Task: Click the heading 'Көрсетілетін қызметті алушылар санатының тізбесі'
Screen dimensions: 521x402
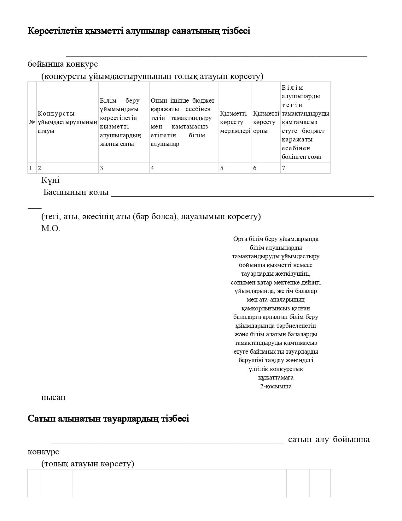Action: [139, 31]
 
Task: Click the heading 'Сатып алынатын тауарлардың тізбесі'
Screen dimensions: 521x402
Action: [108, 419]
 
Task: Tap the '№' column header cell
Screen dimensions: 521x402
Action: [32, 122]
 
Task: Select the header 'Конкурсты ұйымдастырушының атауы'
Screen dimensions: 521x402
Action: [67, 122]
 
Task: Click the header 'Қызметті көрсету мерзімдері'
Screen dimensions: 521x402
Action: [235, 122]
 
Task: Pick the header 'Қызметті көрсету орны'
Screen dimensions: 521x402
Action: [266, 122]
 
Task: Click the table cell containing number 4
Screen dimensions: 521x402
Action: [184, 168]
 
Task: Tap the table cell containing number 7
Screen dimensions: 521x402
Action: [305, 168]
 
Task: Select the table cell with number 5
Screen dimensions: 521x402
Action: [235, 168]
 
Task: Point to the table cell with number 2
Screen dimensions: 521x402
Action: [67, 168]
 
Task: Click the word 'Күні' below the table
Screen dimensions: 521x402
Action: [50, 180]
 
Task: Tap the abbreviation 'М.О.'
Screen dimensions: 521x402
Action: [50, 229]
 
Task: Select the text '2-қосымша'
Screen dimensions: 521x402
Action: [276, 386]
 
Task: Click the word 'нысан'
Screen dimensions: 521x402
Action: [53, 398]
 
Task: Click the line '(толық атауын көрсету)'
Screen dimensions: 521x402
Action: [87, 464]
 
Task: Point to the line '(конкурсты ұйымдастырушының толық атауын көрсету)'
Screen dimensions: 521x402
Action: [152, 76]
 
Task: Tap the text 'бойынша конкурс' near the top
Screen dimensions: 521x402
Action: [63, 64]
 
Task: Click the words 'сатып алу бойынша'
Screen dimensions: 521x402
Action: [329, 440]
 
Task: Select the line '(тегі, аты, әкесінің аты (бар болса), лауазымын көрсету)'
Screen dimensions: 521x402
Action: [151, 217]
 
